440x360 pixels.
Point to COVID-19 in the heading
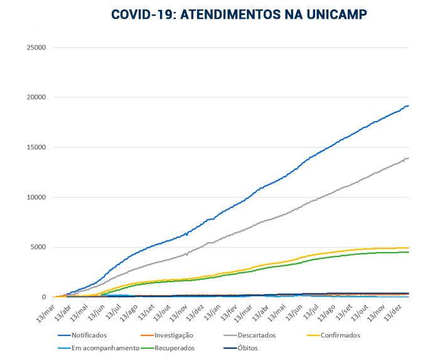click(141, 14)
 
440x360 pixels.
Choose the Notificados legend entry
click(88, 336)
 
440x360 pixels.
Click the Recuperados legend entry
click(173, 348)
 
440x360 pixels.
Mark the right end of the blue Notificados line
click(408, 106)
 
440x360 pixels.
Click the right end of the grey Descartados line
click(408, 158)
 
